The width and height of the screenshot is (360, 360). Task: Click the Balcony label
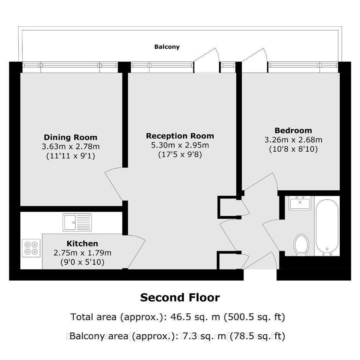pyautogui.click(x=167, y=47)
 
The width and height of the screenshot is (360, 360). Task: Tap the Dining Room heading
pyautogui.click(x=70, y=137)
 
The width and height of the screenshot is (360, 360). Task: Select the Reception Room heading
pyautogui.click(x=180, y=136)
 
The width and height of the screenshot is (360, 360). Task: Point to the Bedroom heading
pyautogui.click(x=293, y=131)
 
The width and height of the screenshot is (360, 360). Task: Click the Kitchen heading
pyautogui.click(x=82, y=243)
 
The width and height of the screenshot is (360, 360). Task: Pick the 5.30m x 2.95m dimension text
pyautogui.click(x=180, y=145)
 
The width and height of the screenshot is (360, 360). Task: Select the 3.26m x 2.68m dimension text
pyautogui.click(x=293, y=139)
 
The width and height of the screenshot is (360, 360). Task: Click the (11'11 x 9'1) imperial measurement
pyautogui.click(x=70, y=156)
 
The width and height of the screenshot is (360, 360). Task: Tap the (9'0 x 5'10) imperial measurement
pyautogui.click(x=82, y=262)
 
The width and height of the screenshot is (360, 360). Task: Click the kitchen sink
pyautogui.click(x=77, y=223)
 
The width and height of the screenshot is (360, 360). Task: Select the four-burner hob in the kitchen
pyautogui.click(x=31, y=248)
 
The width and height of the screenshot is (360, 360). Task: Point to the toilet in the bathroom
pyautogui.click(x=301, y=245)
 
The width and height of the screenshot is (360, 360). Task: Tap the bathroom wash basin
pyautogui.click(x=300, y=203)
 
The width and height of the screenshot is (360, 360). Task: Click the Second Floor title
pyautogui.click(x=180, y=298)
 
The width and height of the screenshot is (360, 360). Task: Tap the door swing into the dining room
pyautogui.click(x=114, y=184)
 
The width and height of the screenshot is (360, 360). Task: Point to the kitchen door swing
pyautogui.click(x=137, y=252)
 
